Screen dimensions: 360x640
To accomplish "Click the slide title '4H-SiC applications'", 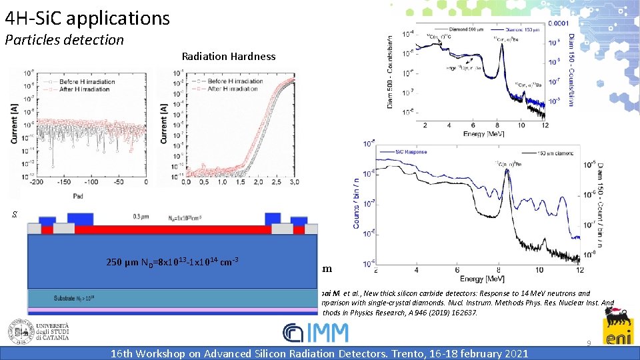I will (x=87, y=17).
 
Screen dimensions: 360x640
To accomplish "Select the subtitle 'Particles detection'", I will (x=64, y=40).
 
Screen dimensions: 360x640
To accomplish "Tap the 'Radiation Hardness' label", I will (x=228, y=57).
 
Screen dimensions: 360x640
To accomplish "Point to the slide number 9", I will (x=589, y=343).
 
